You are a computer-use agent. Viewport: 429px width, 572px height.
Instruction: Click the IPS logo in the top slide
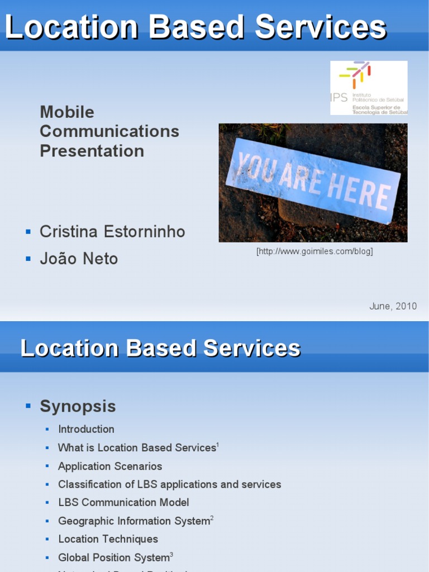369,88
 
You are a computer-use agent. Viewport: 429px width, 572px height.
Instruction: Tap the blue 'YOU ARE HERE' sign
313,180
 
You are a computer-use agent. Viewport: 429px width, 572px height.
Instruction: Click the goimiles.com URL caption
314,251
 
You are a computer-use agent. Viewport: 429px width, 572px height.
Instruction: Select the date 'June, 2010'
393,306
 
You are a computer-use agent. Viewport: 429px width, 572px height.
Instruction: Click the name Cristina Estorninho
112,232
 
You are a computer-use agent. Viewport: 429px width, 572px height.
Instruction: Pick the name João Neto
79,259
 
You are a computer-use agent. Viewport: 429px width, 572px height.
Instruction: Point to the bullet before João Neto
28,259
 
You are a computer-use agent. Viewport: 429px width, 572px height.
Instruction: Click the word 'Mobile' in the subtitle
67,112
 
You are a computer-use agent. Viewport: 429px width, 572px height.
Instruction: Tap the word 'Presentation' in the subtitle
92,151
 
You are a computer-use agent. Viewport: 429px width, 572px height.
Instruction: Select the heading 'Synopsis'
78,406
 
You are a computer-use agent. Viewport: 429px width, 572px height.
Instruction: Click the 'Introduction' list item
86,429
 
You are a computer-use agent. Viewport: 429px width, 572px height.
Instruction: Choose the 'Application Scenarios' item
110,466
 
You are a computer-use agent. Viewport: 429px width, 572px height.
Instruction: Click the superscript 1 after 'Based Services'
218,445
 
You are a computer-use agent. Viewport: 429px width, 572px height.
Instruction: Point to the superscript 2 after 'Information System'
212,518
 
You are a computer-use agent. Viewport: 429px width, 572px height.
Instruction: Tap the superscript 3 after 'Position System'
171,554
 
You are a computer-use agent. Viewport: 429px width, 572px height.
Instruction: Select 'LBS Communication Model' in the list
123,502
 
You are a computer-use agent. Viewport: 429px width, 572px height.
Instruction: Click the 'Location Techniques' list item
108,539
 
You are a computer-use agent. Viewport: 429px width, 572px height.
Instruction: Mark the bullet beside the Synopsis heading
28,406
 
